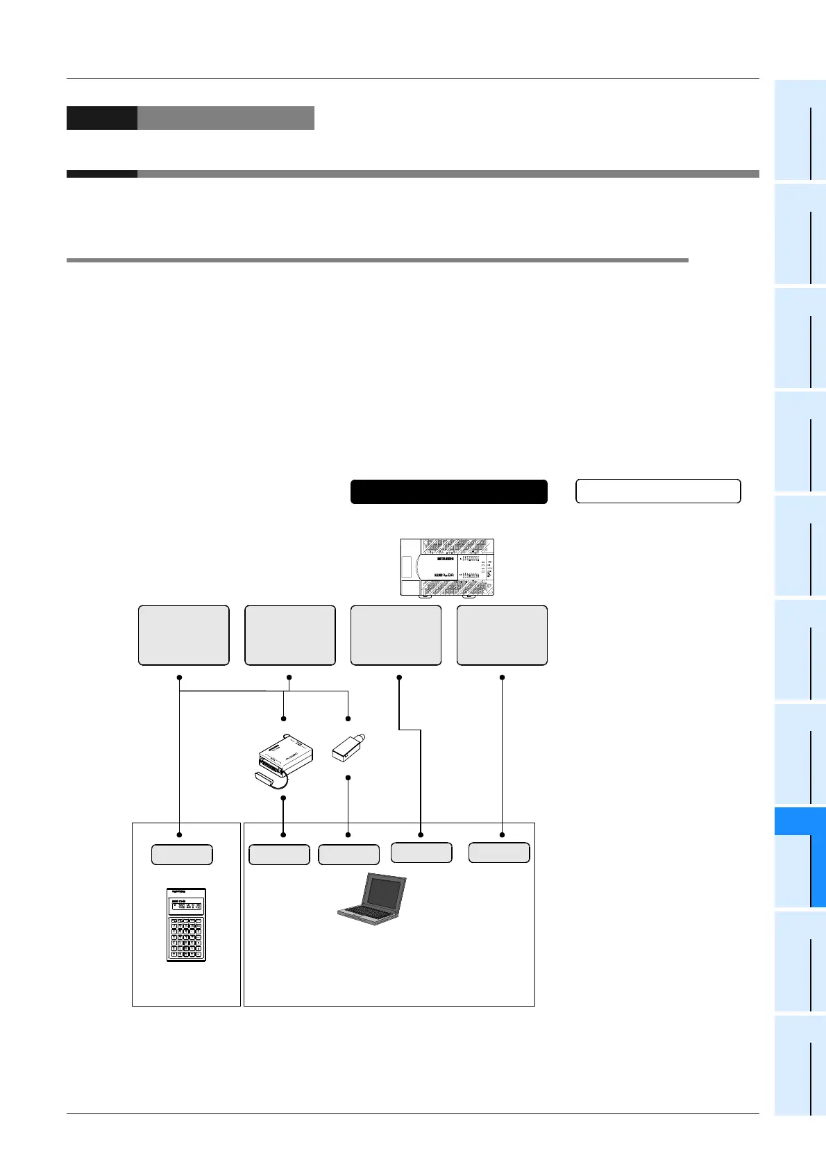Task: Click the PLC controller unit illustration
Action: [447, 567]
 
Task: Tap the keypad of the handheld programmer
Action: [186, 938]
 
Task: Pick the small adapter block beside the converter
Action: [348, 747]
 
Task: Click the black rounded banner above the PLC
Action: [448, 491]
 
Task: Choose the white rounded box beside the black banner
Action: [658, 491]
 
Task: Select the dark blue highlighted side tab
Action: [800, 857]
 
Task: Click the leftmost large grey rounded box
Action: [183, 635]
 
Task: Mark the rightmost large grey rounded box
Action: [502, 635]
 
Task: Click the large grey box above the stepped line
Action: [396, 635]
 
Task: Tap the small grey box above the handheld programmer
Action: [182, 855]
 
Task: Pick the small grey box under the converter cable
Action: [279, 855]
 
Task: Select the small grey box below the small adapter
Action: [348, 855]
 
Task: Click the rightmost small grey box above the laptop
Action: [499, 852]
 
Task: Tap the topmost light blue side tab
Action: [800, 130]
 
